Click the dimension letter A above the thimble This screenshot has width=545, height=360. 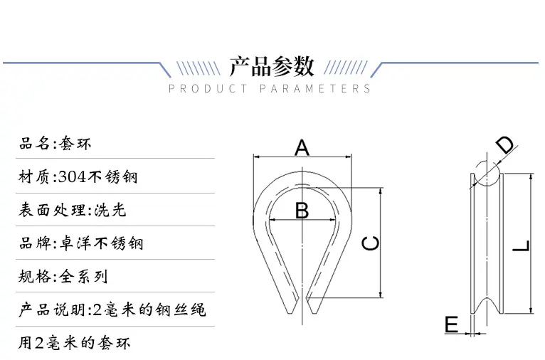302,147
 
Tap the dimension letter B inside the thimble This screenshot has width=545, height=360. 302,210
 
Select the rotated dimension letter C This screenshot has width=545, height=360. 371,243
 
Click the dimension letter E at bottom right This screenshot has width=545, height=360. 452,324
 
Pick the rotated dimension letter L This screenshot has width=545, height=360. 522,246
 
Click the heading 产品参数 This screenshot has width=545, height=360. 272,66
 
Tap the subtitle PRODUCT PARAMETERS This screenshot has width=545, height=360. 270,89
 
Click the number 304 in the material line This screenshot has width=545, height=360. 73,177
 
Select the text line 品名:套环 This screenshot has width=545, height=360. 55,144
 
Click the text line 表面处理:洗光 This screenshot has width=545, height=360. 73,210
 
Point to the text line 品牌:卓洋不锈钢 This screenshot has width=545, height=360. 81,243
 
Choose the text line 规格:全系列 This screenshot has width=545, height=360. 63,276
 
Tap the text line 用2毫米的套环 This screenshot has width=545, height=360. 75,343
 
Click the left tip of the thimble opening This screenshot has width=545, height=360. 290,314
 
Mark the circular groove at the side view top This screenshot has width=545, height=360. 487,174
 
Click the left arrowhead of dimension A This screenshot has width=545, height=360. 257,157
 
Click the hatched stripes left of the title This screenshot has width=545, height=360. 198,68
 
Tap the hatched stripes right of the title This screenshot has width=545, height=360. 346,68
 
